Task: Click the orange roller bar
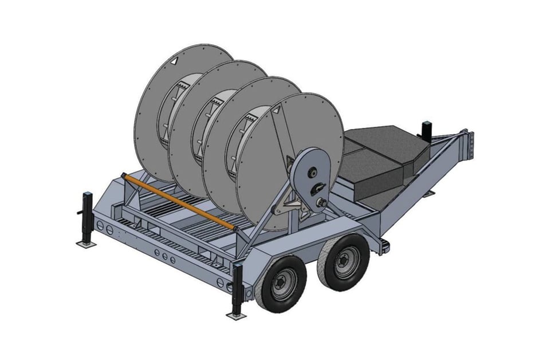(x=178, y=201)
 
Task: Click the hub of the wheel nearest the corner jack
(x=282, y=283)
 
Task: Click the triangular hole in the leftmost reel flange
(x=174, y=60)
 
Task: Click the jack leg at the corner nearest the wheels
(x=238, y=289)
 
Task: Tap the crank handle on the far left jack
(x=79, y=214)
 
